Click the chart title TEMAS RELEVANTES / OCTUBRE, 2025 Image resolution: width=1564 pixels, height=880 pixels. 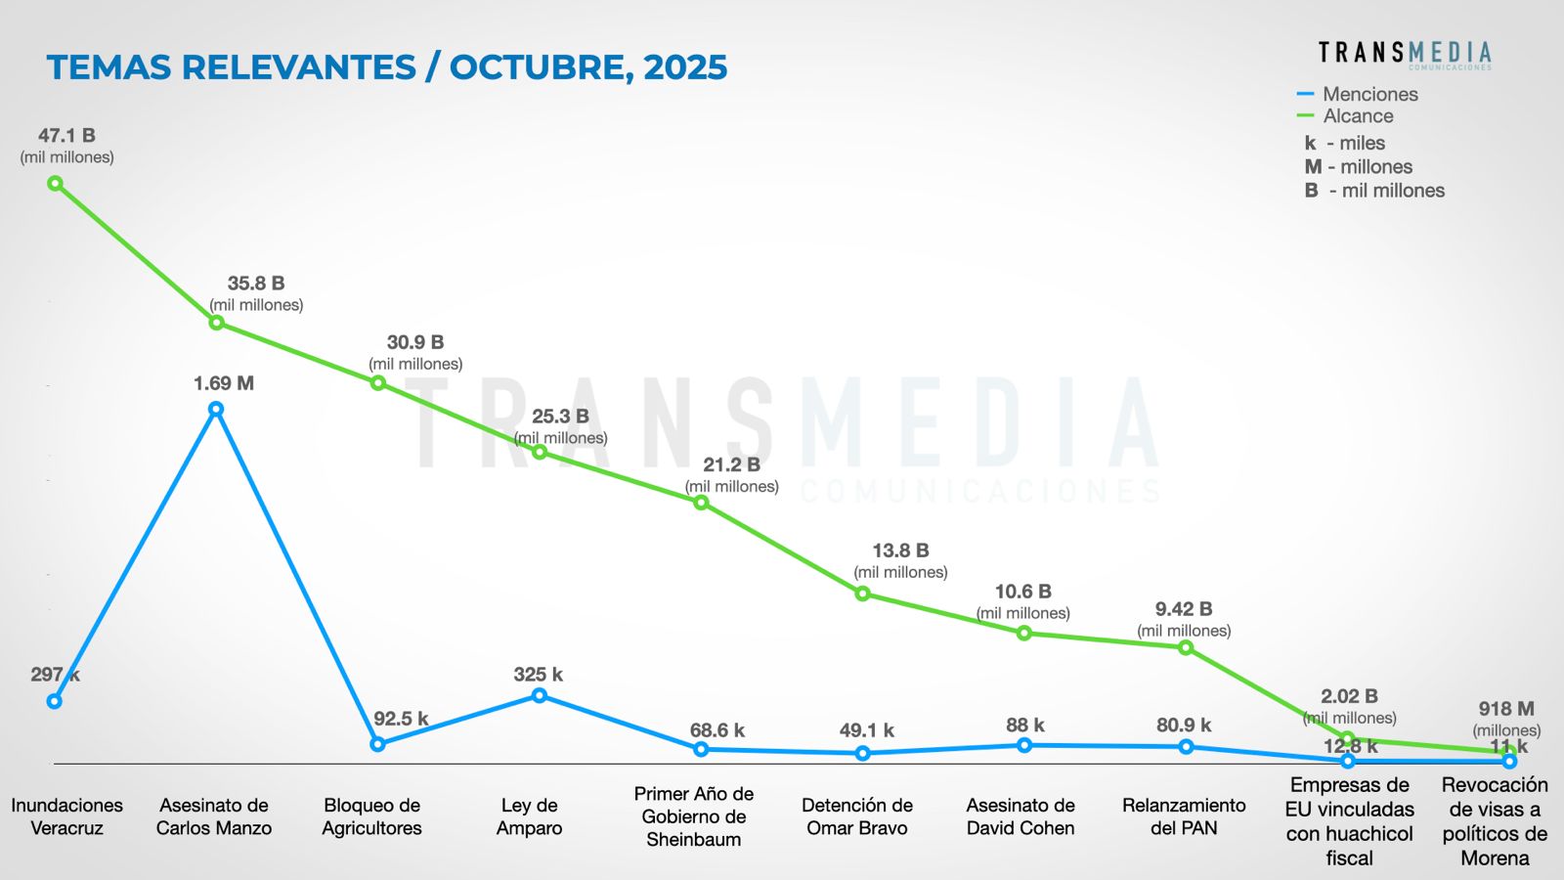(x=386, y=67)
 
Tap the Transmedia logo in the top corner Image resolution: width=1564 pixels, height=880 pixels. (x=1404, y=54)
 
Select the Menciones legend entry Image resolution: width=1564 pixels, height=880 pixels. (x=1368, y=94)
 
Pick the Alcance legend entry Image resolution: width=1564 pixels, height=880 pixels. (x=1357, y=116)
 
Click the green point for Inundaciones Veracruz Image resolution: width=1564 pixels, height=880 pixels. (x=56, y=184)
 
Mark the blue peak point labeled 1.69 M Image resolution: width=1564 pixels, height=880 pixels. (x=216, y=410)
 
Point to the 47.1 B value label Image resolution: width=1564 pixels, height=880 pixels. (x=66, y=136)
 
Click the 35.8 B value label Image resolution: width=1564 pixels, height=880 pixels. (x=256, y=284)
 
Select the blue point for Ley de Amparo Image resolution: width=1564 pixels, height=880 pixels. (x=540, y=695)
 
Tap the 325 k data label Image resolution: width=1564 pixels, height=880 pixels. (x=538, y=675)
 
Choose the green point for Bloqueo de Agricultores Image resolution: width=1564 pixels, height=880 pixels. (x=378, y=383)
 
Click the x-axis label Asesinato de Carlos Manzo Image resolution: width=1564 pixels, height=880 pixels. (x=214, y=816)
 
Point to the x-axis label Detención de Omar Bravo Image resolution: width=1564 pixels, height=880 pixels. (x=857, y=816)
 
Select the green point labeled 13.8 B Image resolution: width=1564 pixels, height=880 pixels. (x=862, y=594)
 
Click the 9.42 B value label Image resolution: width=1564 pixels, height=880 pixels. (x=1184, y=609)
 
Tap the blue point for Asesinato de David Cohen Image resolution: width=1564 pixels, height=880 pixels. (x=1024, y=745)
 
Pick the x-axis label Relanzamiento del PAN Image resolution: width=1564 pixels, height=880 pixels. (x=1184, y=816)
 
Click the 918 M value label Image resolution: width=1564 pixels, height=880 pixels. (x=1506, y=709)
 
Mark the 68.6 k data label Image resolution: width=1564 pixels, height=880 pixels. (x=717, y=730)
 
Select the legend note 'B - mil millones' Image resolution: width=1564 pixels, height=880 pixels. (x=1374, y=191)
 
